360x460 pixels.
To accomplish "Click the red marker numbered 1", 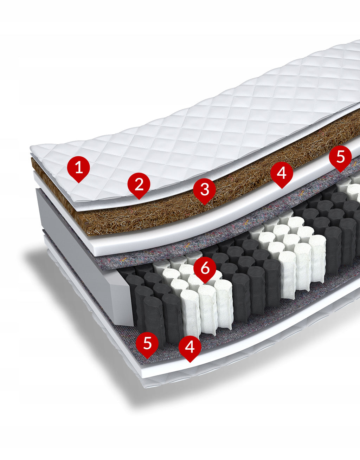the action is (78, 169).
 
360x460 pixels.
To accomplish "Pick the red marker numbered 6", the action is (205, 269).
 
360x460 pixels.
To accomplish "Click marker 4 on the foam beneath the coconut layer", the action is (282, 174).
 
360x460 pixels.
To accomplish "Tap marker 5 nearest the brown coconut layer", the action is (340, 158).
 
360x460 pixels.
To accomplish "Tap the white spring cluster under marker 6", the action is (197, 296).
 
